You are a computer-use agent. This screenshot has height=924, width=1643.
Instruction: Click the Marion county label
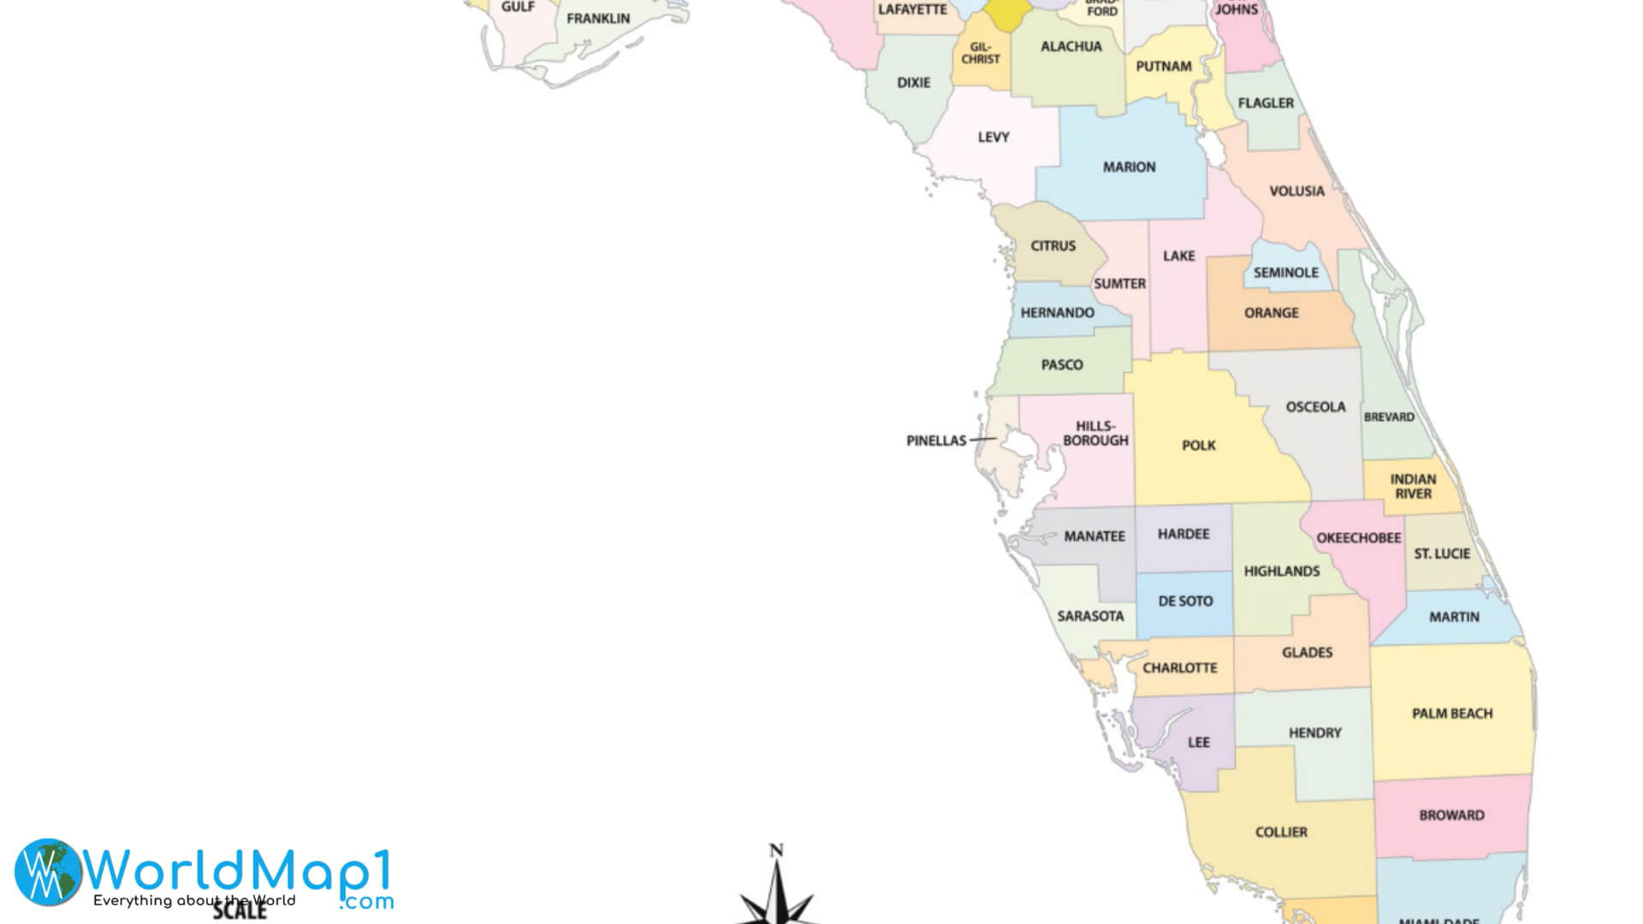pyautogui.click(x=1129, y=167)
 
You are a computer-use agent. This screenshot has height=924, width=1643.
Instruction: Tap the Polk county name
pyautogui.click(x=1198, y=445)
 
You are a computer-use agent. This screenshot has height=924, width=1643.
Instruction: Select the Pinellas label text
pyautogui.click(x=935, y=441)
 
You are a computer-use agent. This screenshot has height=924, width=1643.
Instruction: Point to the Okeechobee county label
pyautogui.click(x=1358, y=537)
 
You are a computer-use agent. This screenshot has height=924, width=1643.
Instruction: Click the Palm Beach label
pyautogui.click(x=1451, y=713)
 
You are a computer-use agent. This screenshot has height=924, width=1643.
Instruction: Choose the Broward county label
pyautogui.click(x=1451, y=814)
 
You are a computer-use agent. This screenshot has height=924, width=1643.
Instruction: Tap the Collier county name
pyautogui.click(x=1280, y=831)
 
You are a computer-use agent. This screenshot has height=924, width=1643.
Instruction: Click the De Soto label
pyautogui.click(x=1185, y=601)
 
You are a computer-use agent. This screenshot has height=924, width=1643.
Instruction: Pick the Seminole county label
pyautogui.click(x=1285, y=272)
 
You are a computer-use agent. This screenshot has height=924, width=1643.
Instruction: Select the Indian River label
pyautogui.click(x=1413, y=486)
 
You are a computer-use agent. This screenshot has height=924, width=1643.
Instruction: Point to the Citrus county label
pyautogui.click(x=1053, y=246)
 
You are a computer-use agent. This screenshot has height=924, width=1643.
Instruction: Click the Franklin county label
pyautogui.click(x=597, y=18)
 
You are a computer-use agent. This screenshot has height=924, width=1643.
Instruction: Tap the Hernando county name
pyautogui.click(x=1057, y=312)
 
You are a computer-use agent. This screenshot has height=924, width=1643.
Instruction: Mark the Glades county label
pyautogui.click(x=1307, y=652)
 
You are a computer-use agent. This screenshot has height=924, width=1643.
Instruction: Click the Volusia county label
pyautogui.click(x=1296, y=191)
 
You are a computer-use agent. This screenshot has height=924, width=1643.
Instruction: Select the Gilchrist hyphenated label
pyautogui.click(x=980, y=53)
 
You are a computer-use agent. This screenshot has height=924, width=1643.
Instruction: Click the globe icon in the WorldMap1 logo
pyautogui.click(x=48, y=872)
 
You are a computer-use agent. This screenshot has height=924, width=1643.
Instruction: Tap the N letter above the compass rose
pyautogui.click(x=776, y=850)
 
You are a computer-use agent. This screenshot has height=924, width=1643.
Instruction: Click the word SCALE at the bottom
pyautogui.click(x=240, y=910)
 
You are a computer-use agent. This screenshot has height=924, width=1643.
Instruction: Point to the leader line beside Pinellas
pyautogui.click(x=982, y=439)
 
